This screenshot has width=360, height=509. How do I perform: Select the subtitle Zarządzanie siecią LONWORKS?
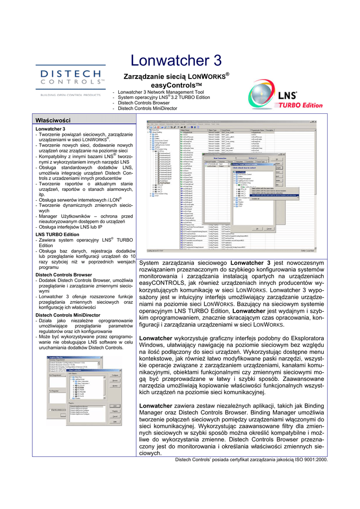tap(176, 76)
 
